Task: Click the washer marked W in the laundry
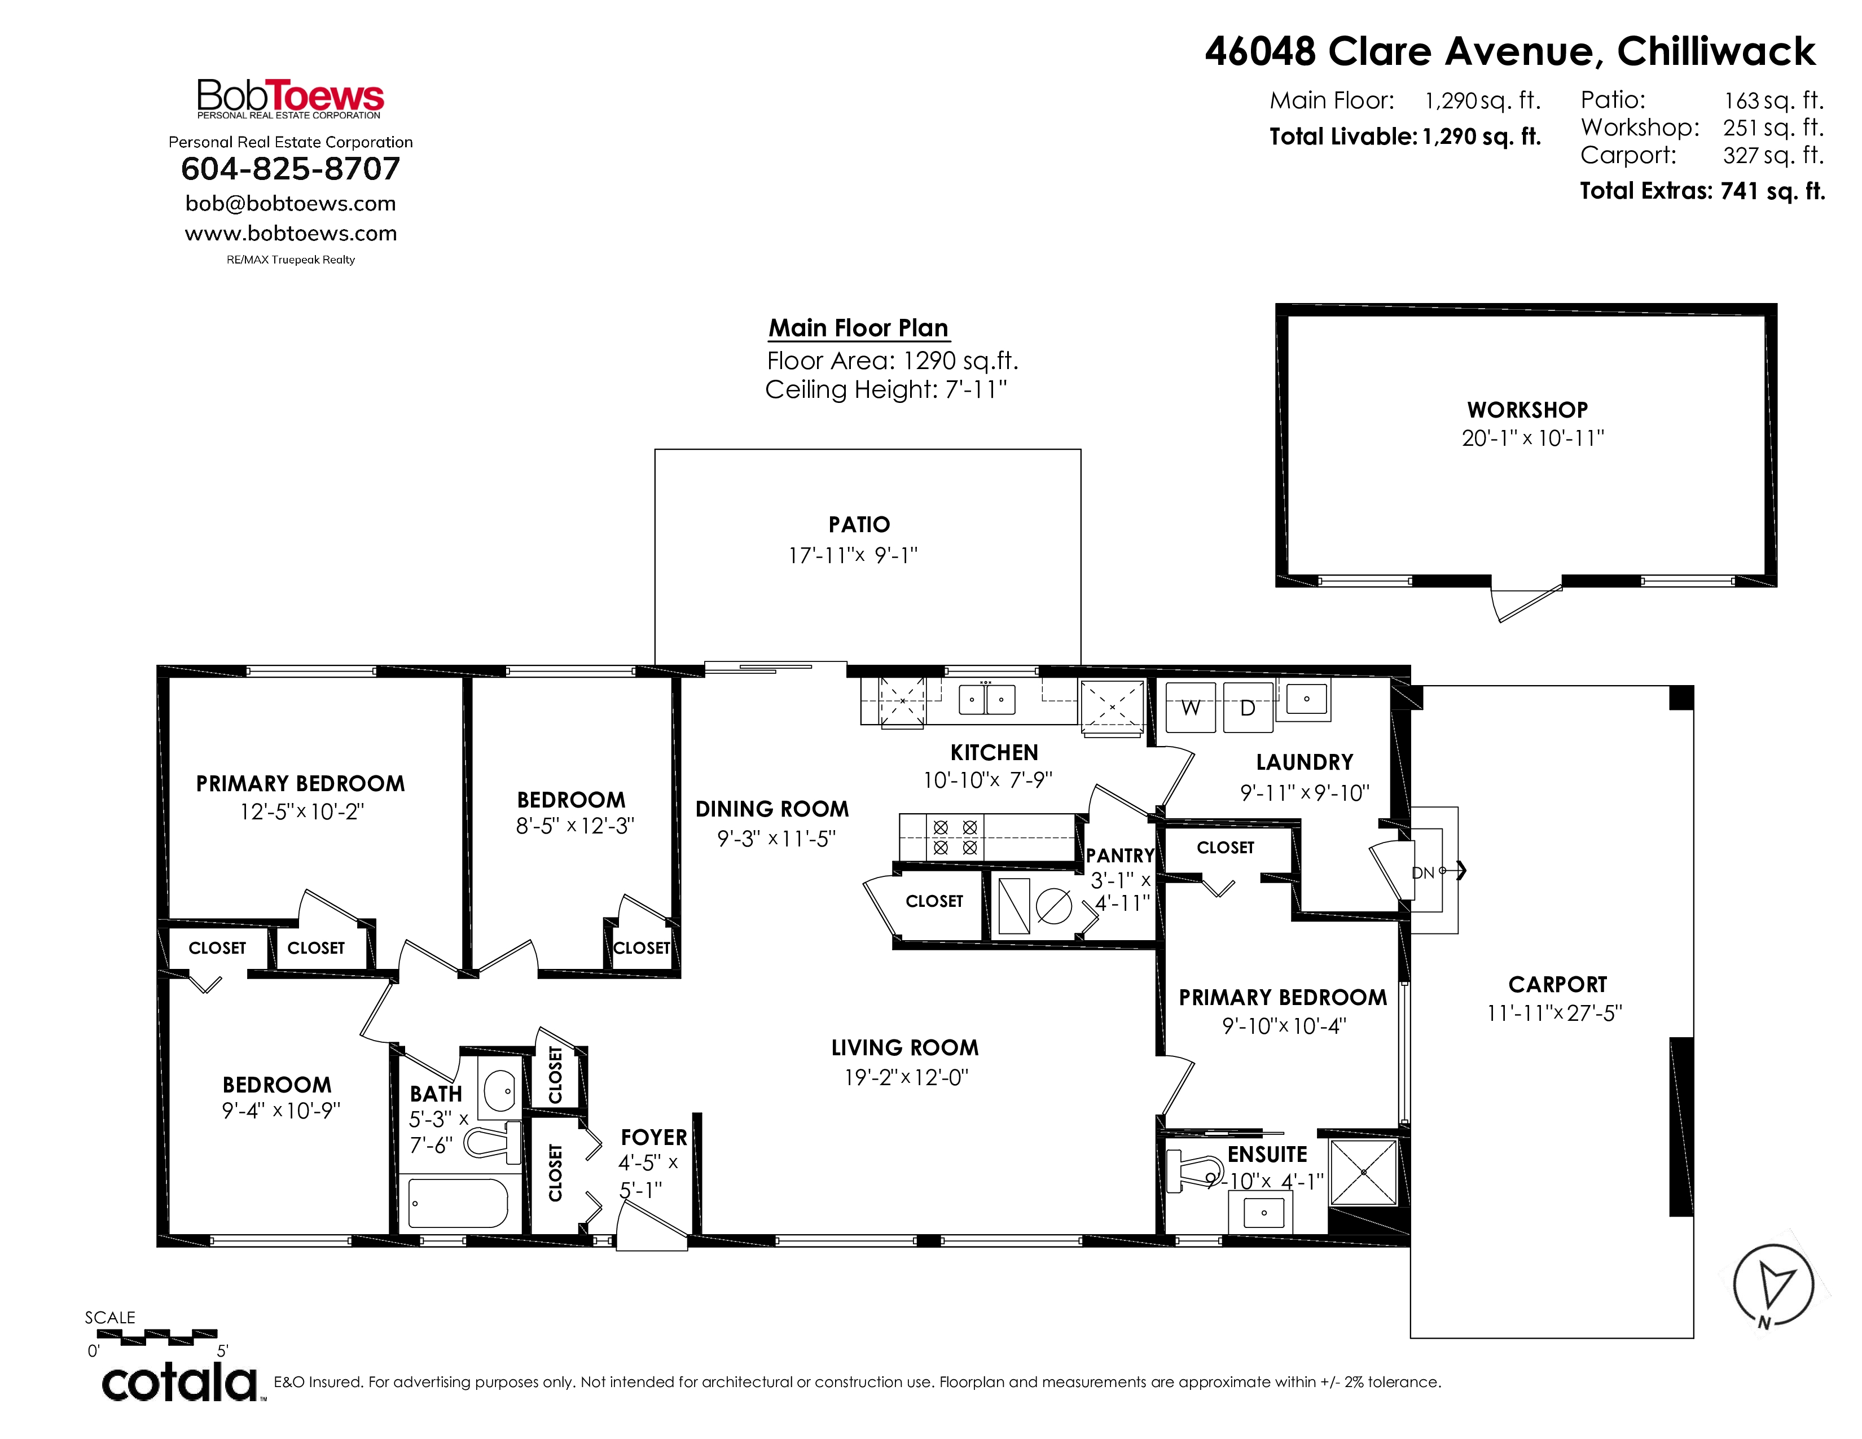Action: coord(1190,707)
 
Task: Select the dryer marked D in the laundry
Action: coord(1248,707)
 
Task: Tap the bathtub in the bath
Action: coord(458,1203)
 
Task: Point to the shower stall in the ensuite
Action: coord(1363,1172)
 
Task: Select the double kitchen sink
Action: coord(986,699)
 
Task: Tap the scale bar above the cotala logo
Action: coord(157,1337)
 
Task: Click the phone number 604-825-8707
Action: coord(291,169)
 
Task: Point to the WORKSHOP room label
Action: coord(1527,410)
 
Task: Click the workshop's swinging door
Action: coord(1526,600)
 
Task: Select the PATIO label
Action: coord(859,524)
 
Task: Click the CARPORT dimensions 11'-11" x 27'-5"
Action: coord(1554,1013)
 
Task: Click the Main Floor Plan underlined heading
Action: coord(859,328)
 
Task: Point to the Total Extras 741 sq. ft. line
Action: coord(1702,191)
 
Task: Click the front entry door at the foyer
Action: coord(651,1229)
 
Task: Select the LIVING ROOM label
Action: coord(904,1048)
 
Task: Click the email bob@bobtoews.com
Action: coord(291,204)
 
